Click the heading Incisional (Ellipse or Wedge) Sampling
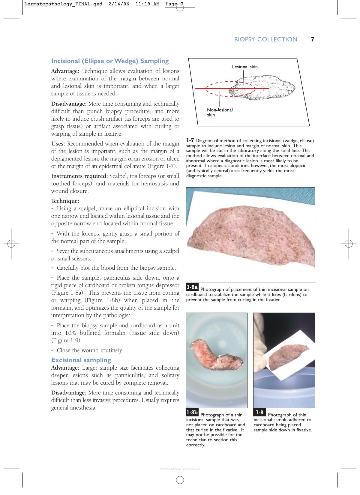110,61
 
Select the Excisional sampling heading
81,360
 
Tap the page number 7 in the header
312,39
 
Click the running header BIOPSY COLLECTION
265,39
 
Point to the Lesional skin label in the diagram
244,67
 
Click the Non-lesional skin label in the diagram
220,112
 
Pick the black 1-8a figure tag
192,287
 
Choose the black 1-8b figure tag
192,412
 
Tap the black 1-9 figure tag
259,412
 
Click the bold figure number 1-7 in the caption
190,140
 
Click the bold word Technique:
65,201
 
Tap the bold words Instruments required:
79,176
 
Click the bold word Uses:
58,144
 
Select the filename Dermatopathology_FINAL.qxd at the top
63,4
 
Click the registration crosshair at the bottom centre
180,480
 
